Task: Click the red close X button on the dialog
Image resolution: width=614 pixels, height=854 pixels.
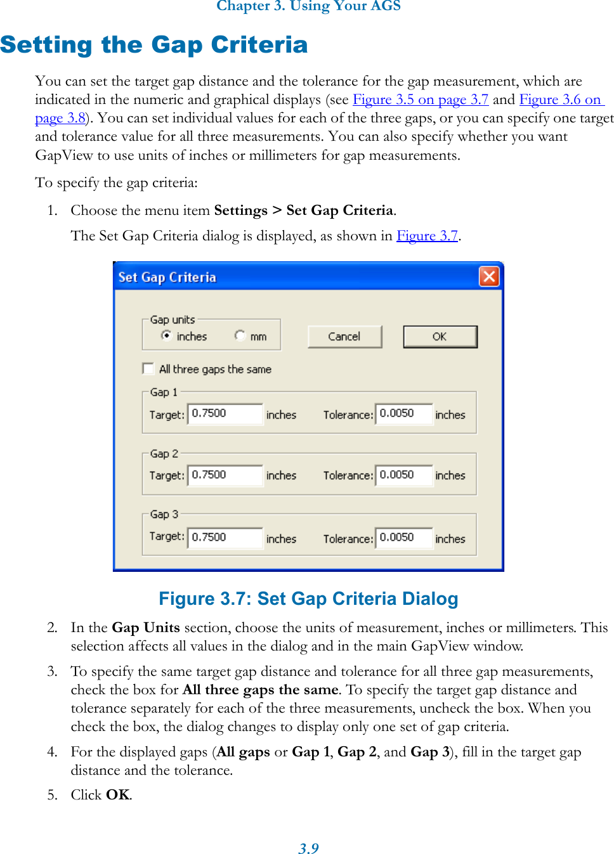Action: point(488,276)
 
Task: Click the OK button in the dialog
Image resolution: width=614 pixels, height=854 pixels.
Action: point(440,337)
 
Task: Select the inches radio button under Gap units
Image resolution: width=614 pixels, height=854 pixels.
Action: point(167,335)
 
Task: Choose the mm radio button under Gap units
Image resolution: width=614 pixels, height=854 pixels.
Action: point(240,335)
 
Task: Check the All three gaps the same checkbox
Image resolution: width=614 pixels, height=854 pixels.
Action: point(148,369)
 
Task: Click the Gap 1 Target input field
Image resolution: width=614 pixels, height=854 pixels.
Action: point(225,413)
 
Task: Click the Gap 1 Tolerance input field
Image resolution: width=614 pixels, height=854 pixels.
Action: point(404,413)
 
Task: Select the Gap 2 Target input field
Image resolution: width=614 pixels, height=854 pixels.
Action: point(225,475)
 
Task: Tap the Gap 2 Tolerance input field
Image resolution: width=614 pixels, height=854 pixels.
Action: point(404,475)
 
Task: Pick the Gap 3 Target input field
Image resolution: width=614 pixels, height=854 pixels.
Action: point(225,537)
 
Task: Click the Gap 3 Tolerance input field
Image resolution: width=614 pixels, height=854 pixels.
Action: point(404,537)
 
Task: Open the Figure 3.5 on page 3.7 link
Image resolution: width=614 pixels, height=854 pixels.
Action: point(420,100)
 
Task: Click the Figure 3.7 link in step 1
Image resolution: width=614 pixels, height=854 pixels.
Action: point(427,236)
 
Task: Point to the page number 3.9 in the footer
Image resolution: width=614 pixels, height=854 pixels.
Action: point(308,848)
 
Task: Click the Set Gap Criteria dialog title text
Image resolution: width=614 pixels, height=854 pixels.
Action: point(167,277)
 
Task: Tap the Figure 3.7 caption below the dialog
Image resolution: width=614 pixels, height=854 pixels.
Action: point(308,598)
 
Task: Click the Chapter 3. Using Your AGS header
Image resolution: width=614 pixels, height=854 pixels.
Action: point(308,6)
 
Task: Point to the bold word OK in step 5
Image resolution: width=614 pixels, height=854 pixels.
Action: point(118,795)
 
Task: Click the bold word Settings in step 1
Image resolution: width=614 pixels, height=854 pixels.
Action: point(240,210)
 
